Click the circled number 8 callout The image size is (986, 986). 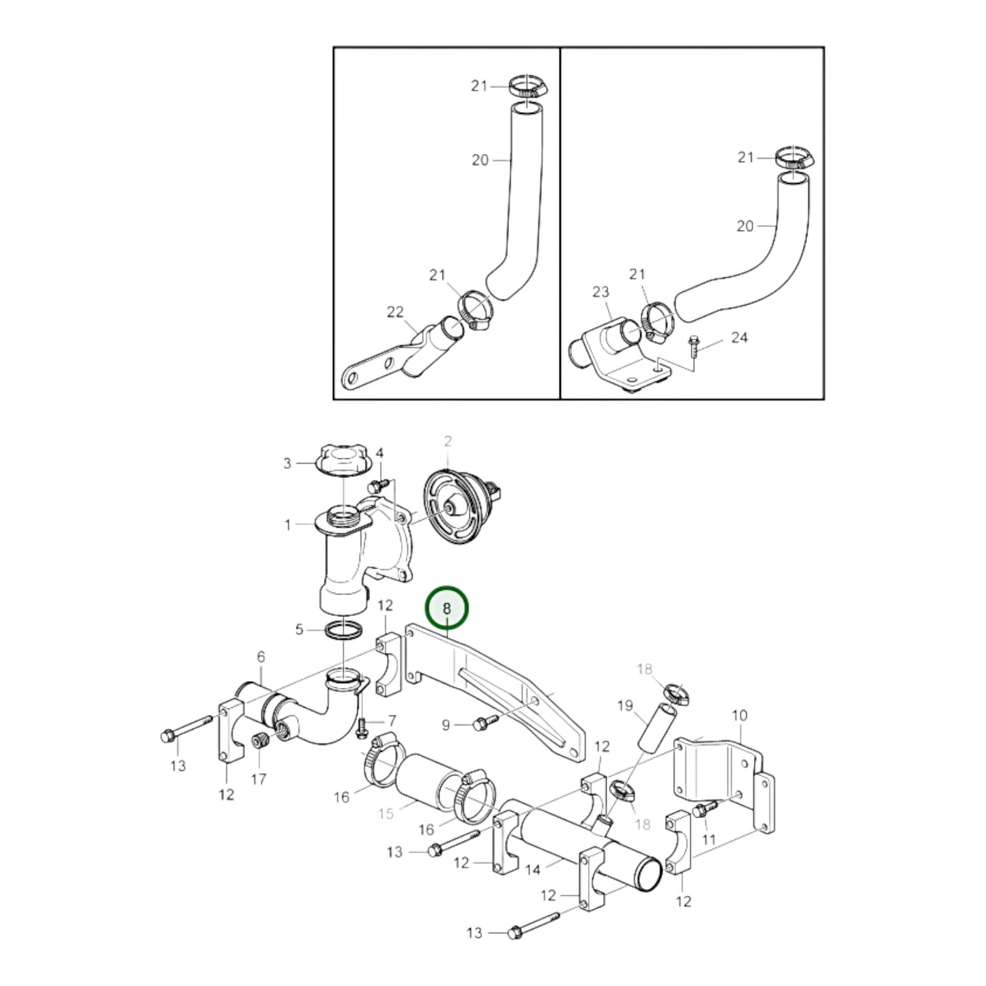click(x=447, y=608)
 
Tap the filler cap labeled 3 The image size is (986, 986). click(x=344, y=462)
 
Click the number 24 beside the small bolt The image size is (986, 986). click(x=739, y=337)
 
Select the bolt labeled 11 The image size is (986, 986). click(x=702, y=810)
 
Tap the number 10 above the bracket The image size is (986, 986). click(x=740, y=715)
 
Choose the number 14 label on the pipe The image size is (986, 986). click(x=533, y=869)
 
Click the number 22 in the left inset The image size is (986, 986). click(x=395, y=312)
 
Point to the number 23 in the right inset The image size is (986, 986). click(x=600, y=291)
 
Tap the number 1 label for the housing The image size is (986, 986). click(x=287, y=525)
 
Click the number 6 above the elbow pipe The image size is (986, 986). click(x=261, y=657)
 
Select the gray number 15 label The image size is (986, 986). click(x=386, y=813)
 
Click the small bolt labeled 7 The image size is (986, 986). click(x=362, y=728)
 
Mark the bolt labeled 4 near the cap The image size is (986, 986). click(x=375, y=487)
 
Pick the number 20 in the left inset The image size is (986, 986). click(x=480, y=160)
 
